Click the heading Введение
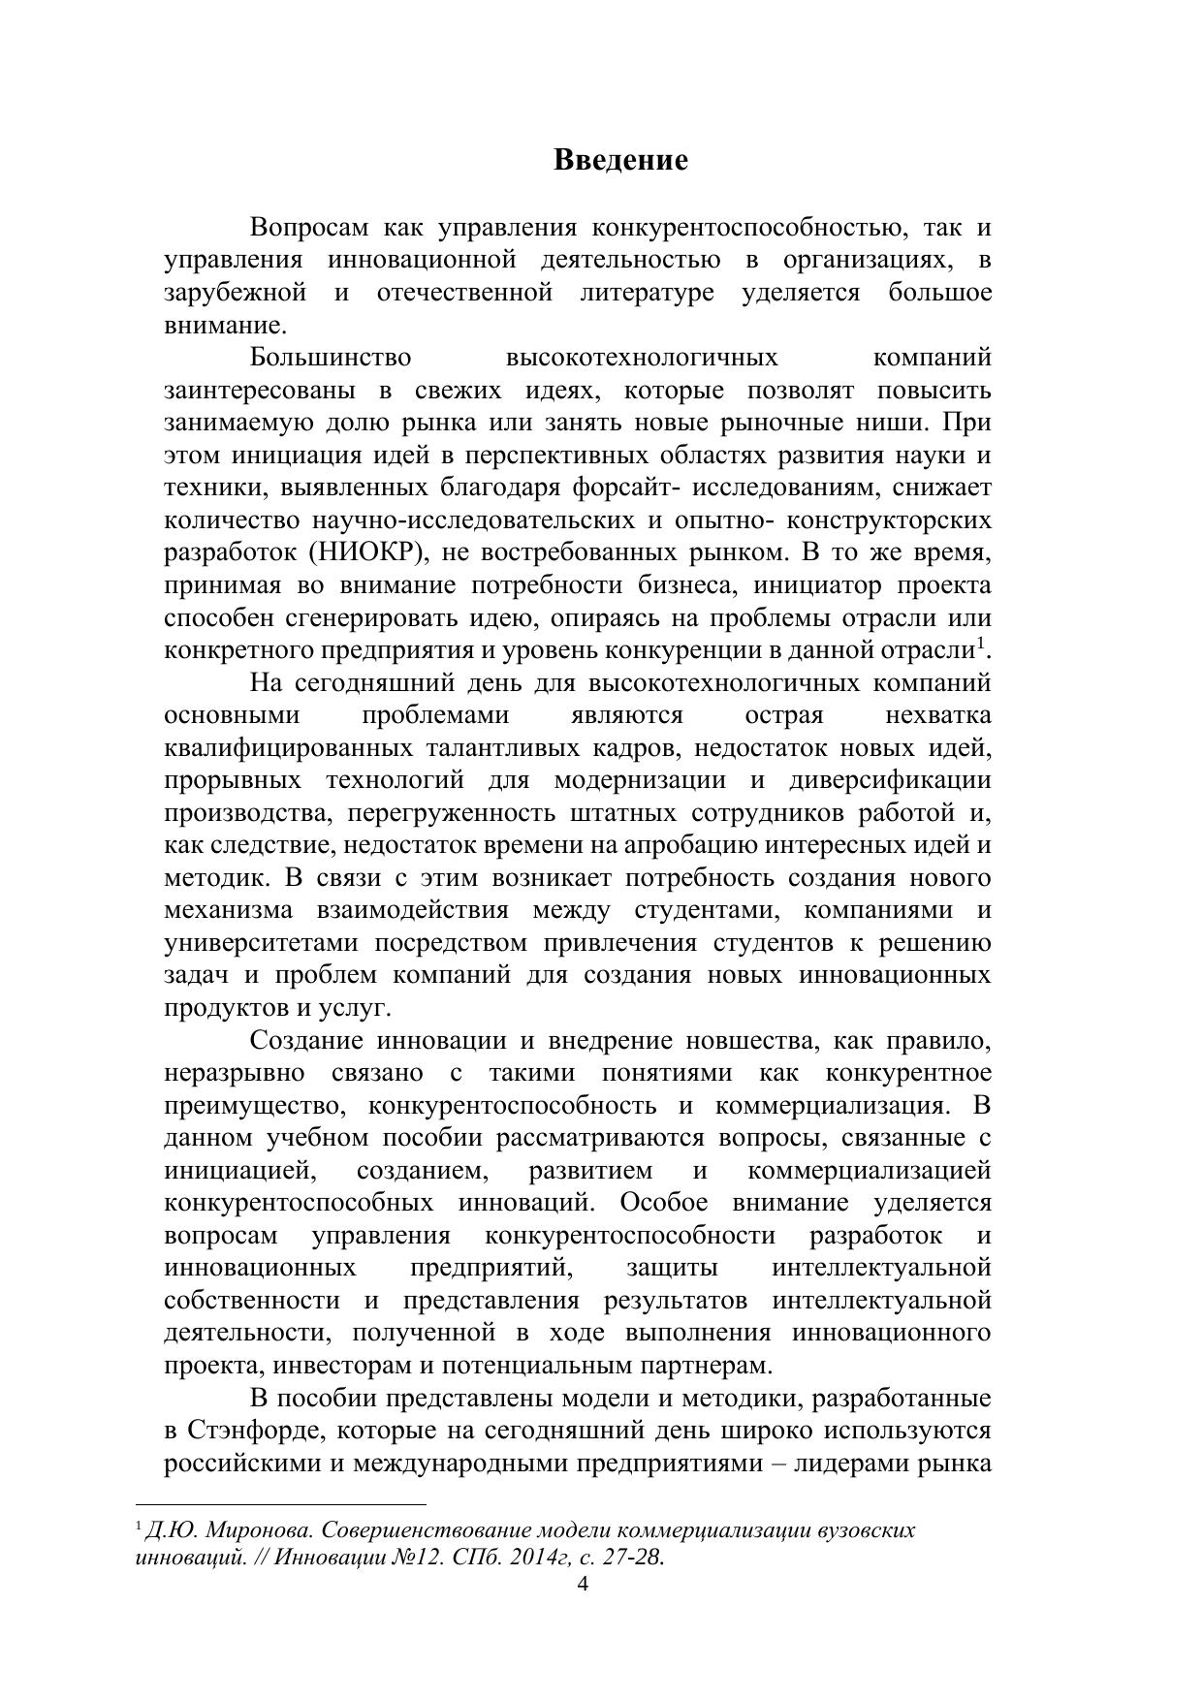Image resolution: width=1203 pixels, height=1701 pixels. (620, 160)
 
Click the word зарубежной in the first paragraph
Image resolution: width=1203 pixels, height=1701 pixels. (236, 293)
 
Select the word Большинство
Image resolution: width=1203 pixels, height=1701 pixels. (331, 358)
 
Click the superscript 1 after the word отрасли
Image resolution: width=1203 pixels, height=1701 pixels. (981, 643)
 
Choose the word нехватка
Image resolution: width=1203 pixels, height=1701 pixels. (937, 715)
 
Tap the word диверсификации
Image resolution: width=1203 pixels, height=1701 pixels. (890, 780)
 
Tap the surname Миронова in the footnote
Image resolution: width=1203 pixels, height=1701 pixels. (258, 1530)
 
